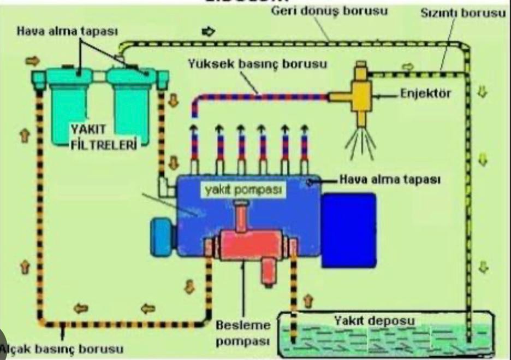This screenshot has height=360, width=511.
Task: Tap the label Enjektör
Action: tap(425, 93)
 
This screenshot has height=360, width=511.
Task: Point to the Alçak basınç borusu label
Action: tap(62, 348)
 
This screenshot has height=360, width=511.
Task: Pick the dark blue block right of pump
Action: tap(348, 230)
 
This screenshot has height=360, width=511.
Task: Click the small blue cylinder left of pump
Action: tap(162, 237)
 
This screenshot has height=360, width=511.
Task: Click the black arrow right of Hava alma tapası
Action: tap(208, 32)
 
